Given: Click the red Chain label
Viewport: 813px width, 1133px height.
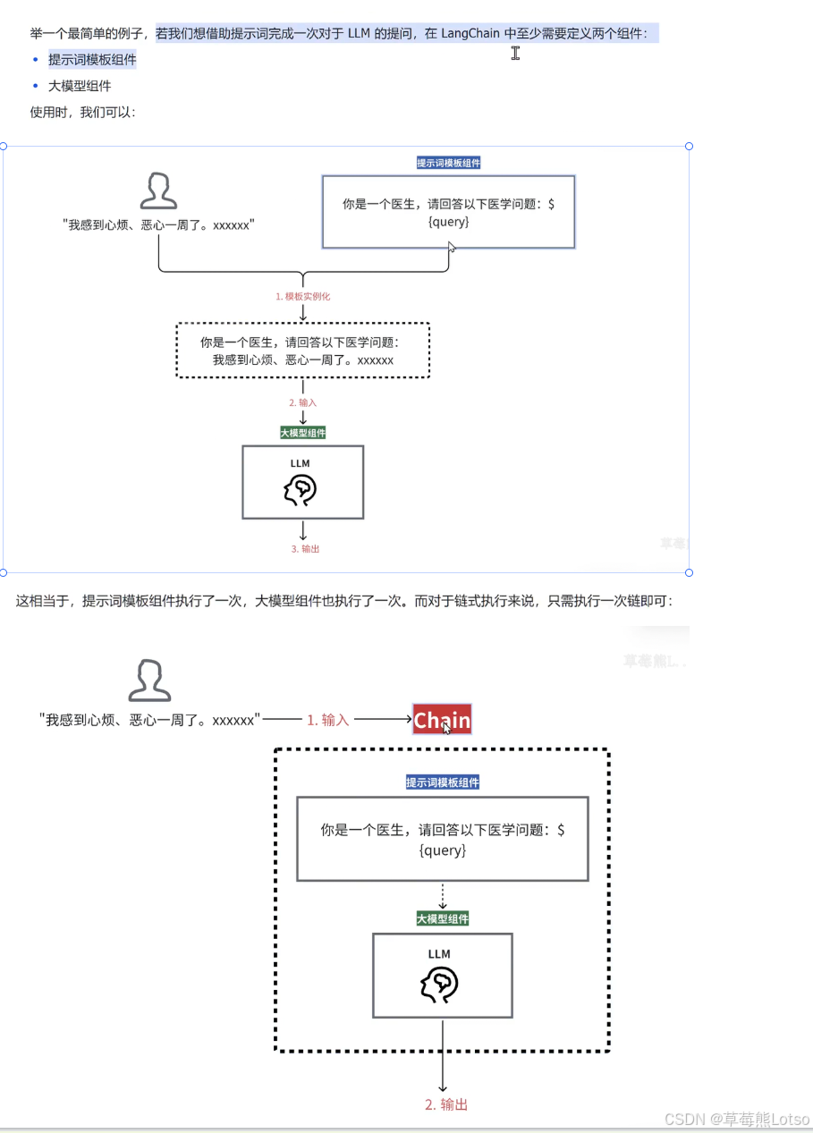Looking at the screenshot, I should [x=442, y=720].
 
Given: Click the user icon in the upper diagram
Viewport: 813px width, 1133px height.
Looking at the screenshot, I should [x=158, y=191].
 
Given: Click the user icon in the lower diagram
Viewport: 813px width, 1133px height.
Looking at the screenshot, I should [x=149, y=681].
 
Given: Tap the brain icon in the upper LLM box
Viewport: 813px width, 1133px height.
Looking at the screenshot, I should [x=301, y=489].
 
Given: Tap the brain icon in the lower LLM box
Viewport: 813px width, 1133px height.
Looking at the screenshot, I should [x=439, y=985].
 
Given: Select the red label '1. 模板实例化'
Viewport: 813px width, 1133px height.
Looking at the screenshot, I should [x=302, y=296].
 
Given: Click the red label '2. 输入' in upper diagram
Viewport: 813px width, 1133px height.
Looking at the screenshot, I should [x=302, y=402].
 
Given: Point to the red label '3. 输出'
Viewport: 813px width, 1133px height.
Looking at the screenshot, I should [x=305, y=548].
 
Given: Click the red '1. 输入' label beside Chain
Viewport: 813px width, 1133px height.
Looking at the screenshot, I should [x=327, y=720].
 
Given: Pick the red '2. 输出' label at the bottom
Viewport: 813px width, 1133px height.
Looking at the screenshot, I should [x=445, y=1104].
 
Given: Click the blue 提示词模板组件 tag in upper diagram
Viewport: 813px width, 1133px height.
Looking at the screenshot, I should [x=448, y=163].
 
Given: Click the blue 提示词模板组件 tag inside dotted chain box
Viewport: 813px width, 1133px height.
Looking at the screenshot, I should [x=442, y=782].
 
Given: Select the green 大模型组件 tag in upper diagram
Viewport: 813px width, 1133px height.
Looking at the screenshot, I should [x=303, y=433].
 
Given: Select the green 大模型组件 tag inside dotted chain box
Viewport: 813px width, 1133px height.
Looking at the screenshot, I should [x=442, y=918].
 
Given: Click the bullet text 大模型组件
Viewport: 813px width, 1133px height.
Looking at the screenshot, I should [x=80, y=86].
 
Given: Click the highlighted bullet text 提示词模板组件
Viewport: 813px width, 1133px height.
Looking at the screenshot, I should [x=92, y=60].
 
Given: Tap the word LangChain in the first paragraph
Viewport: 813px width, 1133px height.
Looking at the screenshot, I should [x=470, y=34].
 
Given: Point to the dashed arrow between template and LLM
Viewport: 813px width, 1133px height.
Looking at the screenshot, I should [x=442, y=896].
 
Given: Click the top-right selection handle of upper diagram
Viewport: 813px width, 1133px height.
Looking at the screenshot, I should [x=689, y=146].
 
